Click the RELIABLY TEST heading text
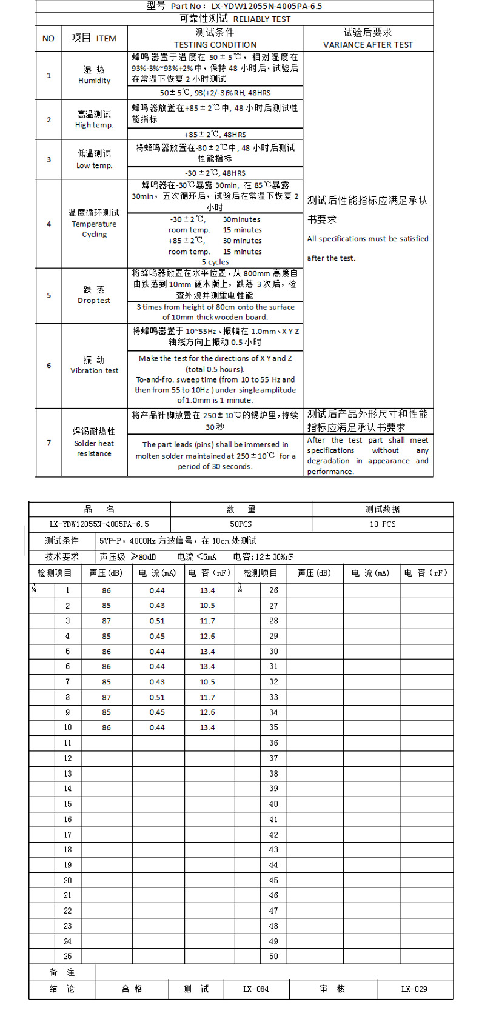coord(261,19)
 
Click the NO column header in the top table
coord(49,39)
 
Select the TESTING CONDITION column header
coord(215,45)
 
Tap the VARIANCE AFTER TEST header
coord(368,45)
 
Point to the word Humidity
coord(95,81)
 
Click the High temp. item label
coord(94,125)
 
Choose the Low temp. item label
coord(94,165)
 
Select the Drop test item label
coord(94,301)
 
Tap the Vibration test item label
coord(95,370)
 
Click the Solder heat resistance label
coord(94,449)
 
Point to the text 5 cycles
coord(215,262)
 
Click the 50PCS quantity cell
coord(241,524)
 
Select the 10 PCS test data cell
coord(383,524)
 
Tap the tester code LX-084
coord(256,989)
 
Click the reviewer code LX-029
coord(414,989)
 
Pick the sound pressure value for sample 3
coord(106,621)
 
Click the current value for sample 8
coord(157,697)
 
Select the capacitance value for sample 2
coord(207,606)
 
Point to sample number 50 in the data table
coord(273,956)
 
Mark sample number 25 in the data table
coord(67,956)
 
